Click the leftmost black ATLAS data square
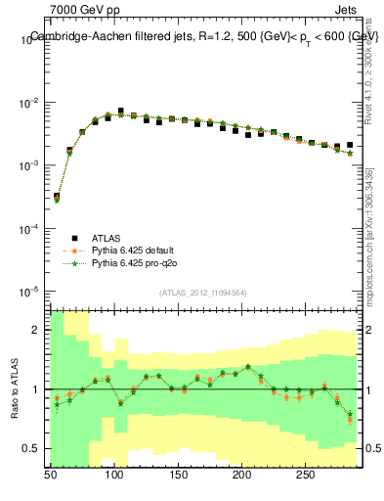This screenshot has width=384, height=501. [x=57, y=196]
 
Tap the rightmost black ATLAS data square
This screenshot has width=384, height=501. [x=350, y=145]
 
